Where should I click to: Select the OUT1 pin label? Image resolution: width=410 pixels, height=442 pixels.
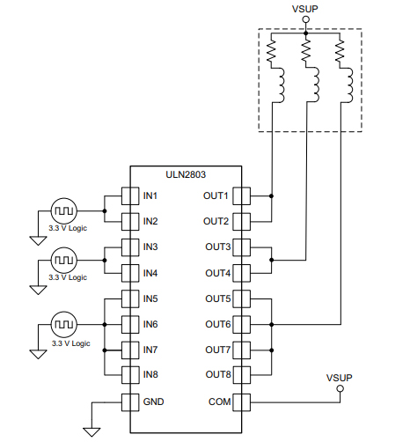point(216,195)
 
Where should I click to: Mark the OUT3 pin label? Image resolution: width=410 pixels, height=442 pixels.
point(216,247)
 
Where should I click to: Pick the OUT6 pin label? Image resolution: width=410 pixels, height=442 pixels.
point(216,324)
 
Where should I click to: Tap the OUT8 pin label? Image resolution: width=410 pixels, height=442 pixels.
point(216,375)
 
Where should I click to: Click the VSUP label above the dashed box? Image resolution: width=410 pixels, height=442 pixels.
point(304,10)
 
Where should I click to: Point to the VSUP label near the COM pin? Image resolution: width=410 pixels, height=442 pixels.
point(339,378)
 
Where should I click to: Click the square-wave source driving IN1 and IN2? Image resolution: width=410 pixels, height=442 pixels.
point(64,211)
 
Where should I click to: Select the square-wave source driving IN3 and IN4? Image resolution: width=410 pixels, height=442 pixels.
point(64,261)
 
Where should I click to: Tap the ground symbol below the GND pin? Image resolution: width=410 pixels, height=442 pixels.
point(91,431)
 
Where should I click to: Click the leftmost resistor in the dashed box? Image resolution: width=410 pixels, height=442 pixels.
point(272,55)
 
